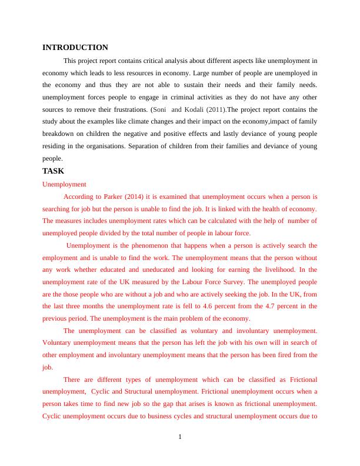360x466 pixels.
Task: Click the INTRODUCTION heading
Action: tap(75, 47)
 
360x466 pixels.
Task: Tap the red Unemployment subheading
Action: tap(65, 184)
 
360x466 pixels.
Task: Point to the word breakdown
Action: tap(60, 134)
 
